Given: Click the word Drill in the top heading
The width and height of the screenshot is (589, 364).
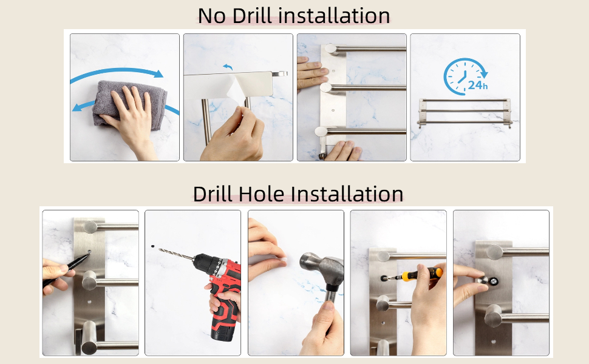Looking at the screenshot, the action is pyautogui.click(x=251, y=16).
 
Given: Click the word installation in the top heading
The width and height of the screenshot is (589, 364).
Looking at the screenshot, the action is pyautogui.click(x=335, y=16).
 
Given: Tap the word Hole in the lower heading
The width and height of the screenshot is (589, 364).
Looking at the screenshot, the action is pyautogui.click(x=261, y=194).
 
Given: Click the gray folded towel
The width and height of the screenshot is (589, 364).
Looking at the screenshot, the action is pyautogui.click(x=129, y=102).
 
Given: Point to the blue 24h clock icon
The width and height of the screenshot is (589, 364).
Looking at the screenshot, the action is pyautogui.click(x=465, y=76).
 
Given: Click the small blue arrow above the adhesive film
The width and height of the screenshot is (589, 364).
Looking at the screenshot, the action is pyautogui.click(x=228, y=67).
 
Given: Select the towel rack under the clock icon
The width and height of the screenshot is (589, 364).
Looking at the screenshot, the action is pyautogui.click(x=465, y=113).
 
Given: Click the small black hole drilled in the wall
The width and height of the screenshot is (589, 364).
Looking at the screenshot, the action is pyautogui.click(x=152, y=246).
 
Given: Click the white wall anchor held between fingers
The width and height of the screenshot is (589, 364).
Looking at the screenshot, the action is pyautogui.click(x=283, y=258).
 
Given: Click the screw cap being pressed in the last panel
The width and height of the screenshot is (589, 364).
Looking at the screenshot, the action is pyautogui.click(x=483, y=280).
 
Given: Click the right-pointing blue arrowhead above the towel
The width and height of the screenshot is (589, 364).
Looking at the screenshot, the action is pyautogui.click(x=158, y=73).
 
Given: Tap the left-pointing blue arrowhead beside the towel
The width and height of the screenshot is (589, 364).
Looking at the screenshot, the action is pyautogui.click(x=77, y=108).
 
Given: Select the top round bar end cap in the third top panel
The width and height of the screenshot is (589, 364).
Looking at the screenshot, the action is pyautogui.click(x=331, y=49).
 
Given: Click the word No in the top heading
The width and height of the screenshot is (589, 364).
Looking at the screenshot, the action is pyautogui.click(x=211, y=16).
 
